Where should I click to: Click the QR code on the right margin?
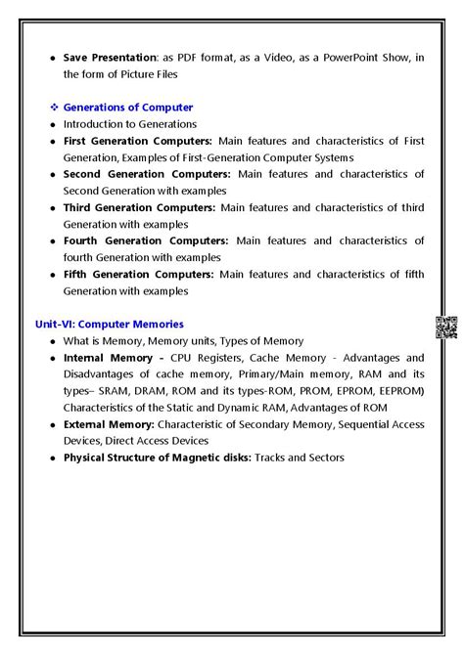coord(445,327)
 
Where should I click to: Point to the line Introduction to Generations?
coord(129,124)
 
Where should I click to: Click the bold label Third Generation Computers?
coord(139,207)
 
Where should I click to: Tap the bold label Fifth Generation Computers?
coord(138,274)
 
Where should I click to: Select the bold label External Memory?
coord(108,424)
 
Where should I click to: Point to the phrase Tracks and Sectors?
coord(300,458)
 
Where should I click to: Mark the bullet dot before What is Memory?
coord(52,341)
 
